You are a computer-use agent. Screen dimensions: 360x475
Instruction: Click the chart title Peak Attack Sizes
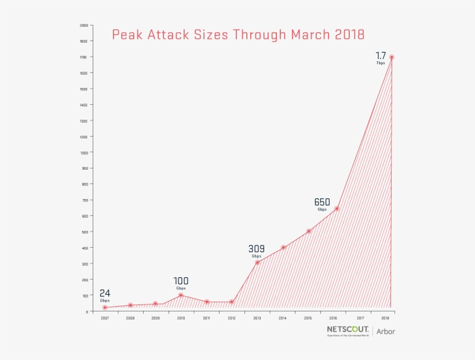point(238,35)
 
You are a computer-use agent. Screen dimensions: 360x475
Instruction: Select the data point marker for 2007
point(105,307)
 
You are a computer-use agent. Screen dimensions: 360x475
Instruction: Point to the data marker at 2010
point(181,295)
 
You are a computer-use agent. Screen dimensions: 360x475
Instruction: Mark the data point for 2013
point(257,262)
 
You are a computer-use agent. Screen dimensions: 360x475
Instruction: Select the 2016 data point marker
point(337,209)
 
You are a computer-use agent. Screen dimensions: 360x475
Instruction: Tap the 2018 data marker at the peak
point(392,57)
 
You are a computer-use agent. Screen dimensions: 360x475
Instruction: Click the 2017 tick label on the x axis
point(360,318)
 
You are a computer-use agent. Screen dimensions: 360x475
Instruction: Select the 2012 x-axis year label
point(232,318)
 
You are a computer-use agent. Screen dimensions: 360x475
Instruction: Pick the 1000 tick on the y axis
point(84,153)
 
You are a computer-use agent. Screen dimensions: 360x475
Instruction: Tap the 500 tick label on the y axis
point(85,232)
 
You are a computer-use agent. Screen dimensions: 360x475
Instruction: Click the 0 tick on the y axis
point(87,311)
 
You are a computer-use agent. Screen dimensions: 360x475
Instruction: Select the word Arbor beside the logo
point(386,332)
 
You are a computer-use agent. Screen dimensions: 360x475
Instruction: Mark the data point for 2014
point(283,247)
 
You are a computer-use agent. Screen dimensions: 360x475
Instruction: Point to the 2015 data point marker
point(309,231)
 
